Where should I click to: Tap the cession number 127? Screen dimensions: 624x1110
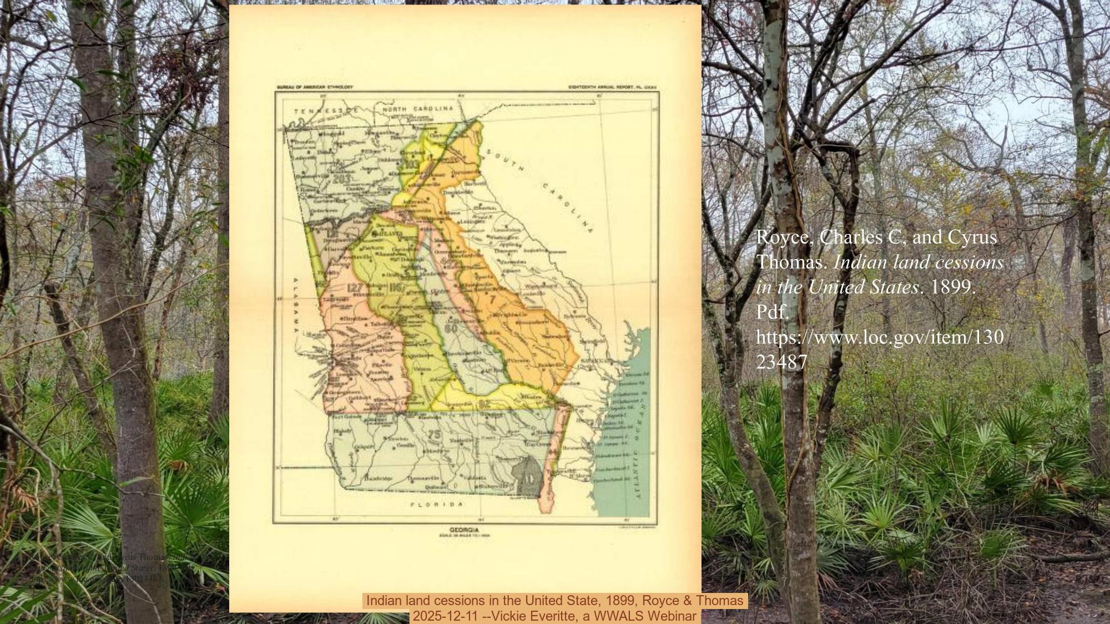(356, 287)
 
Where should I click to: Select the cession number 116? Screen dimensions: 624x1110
(396, 287)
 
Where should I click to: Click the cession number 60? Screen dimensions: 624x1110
(450, 327)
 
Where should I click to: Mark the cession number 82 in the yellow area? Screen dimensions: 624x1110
(484, 403)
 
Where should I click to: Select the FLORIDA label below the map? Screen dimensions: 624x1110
(436, 505)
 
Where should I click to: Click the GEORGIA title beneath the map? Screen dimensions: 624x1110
(464, 529)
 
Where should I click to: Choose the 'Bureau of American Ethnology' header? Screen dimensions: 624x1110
(314, 87)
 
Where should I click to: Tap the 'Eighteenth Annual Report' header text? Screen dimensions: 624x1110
(603, 87)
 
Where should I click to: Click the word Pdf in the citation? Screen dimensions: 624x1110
(772, 312)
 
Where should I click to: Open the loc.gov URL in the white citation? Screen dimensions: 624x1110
(879, 349)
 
